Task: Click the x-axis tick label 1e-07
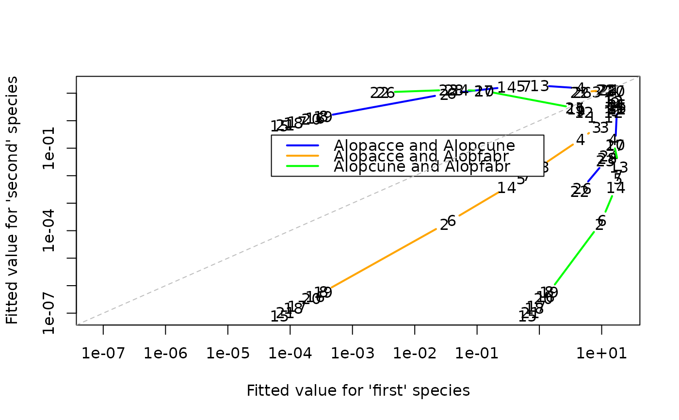point(103,354)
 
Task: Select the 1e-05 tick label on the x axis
point(228,354)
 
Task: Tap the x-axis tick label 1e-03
point(353,354)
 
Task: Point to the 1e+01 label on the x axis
point(601,354)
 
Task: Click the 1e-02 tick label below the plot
point(415,354)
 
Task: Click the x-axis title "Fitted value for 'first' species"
point(358,391)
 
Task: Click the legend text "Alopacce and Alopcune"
point(424,145)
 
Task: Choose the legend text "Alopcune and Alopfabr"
point(421,167)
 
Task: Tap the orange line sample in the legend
point(303,156)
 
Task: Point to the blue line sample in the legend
point(303,145)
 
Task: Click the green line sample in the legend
point(303,166)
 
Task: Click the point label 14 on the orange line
point(507,188)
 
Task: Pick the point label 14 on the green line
point(616,188)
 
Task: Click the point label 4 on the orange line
point(581,140)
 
